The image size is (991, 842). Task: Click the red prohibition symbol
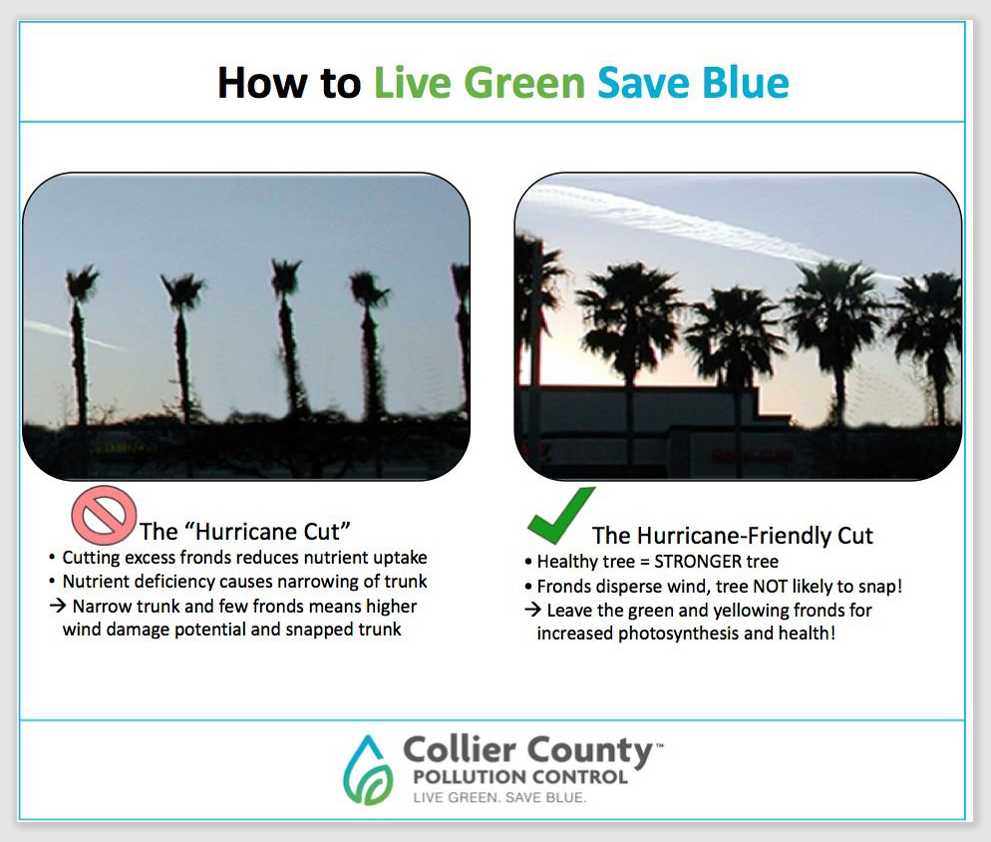[x=104, y=515]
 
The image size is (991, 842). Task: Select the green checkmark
[x=560, y=515]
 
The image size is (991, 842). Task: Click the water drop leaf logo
[x=368, y=769]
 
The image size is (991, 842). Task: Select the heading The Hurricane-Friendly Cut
[x=732, y=535]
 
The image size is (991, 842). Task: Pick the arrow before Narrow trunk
[x=58, y=606]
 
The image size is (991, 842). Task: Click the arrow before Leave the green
[x=532, y=610]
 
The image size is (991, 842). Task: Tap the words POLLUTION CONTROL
[x=520, y=777]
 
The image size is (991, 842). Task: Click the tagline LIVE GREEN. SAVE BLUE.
[x=499, y=797]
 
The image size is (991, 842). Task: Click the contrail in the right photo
[x=708, y=230]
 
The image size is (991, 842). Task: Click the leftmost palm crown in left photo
[x=82, y=283]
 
